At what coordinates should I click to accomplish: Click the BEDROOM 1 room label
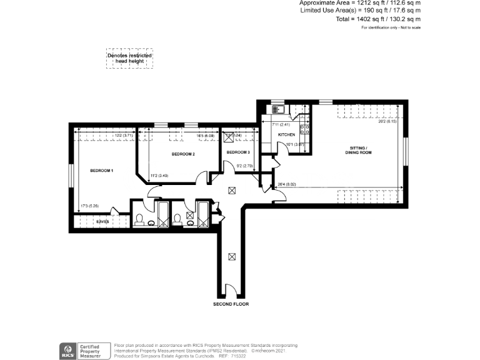coord(101,171)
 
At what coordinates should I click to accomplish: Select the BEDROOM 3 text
coord(237,152)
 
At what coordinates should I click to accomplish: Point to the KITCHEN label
coord(286,135)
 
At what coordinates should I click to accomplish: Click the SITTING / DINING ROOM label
coord(358,151)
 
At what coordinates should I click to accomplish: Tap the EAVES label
coord(103,221)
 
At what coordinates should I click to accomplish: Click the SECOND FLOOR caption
coord(231,304)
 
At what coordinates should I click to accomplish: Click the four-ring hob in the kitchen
coord(306,130)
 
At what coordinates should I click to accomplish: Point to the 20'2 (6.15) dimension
coord(387,122)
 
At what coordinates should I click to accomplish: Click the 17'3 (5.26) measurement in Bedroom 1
coord(89,206)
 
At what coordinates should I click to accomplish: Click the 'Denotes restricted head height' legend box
coord(129,57)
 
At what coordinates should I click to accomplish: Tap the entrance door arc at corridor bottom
coord(231,290)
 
